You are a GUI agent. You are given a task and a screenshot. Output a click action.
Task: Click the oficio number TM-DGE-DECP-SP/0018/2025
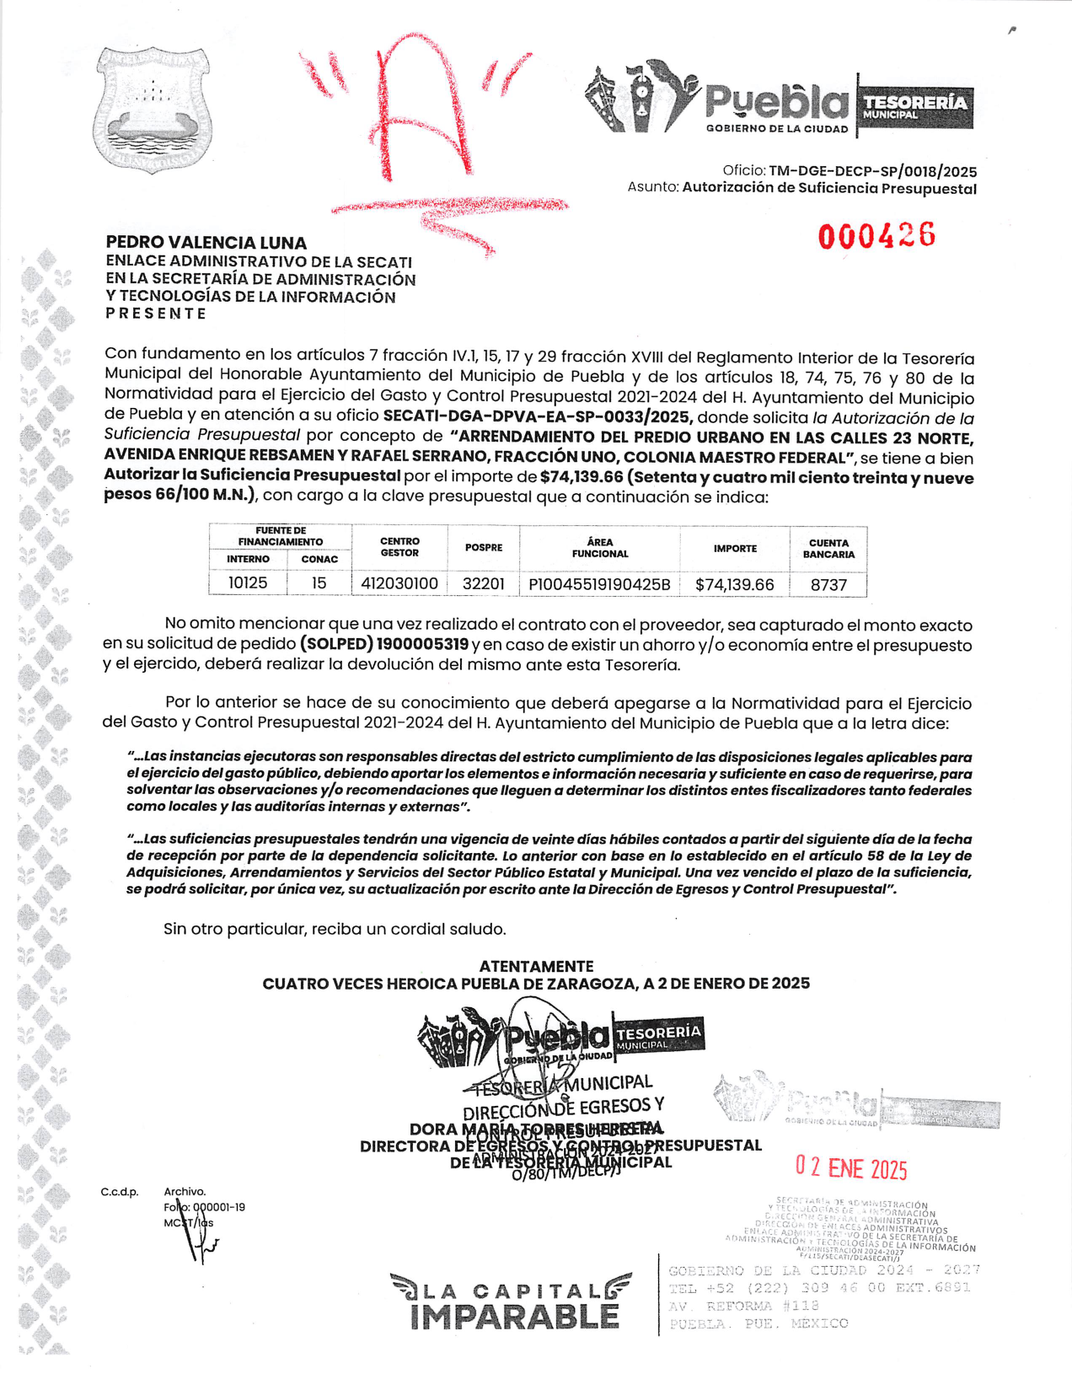(x=872, y=171)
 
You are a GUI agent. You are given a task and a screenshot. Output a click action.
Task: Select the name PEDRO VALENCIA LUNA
(x=206, y=243)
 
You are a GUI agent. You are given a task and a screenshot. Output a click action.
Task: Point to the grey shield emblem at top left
(x=153, y=109)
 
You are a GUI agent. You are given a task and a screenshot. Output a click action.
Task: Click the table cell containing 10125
(x=248, y=583)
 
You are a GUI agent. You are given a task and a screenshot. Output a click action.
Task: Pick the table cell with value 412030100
(x=399, y=583)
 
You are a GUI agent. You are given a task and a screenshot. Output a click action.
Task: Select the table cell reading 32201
(x=484, y=583)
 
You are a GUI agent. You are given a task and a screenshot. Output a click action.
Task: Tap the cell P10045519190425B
(x=599, y=584)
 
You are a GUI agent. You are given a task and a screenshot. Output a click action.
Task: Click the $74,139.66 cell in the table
(x=734, y=584)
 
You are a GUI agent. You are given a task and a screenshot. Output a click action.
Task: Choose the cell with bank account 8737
(x=828, y=584)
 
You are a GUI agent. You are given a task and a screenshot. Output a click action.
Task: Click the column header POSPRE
(x=484, y=548)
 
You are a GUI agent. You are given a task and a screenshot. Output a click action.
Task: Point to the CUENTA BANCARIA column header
(x=828, y=549)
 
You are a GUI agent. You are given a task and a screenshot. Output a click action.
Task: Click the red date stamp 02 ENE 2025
(x=851, y=1168)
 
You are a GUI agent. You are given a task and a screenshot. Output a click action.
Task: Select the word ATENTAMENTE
(x=536, y=966)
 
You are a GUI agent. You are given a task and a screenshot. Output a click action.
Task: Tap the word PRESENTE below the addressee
(x=156, y=314)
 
